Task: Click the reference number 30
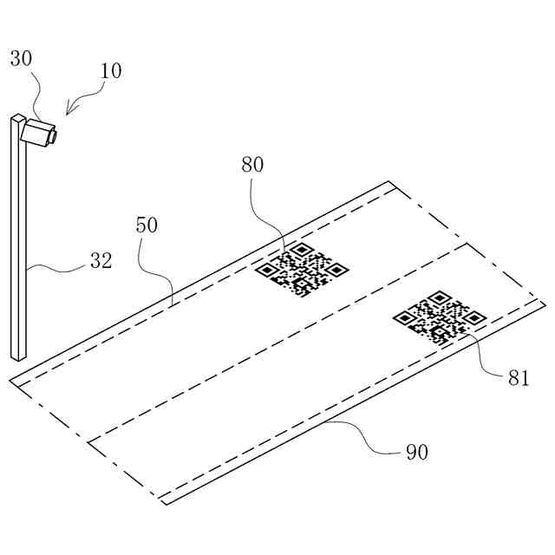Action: pyautogui.click(x=22, y=59)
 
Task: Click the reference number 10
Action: pyautogui.click(x=110, y=70)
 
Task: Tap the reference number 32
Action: pyautogui.click(x=101, y=260)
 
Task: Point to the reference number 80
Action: pyautogui.click(x=252, y=165)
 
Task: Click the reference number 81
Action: pyautogui.click(x=519, y=377)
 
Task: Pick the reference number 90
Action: pyautogui.click(x=417, y=452)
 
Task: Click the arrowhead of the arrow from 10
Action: pyautogui.click(x=67, y=113)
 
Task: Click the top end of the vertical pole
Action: pyautogui.click(x=17, y=117)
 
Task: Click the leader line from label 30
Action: pyautogui.click(x=35, y=95)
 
